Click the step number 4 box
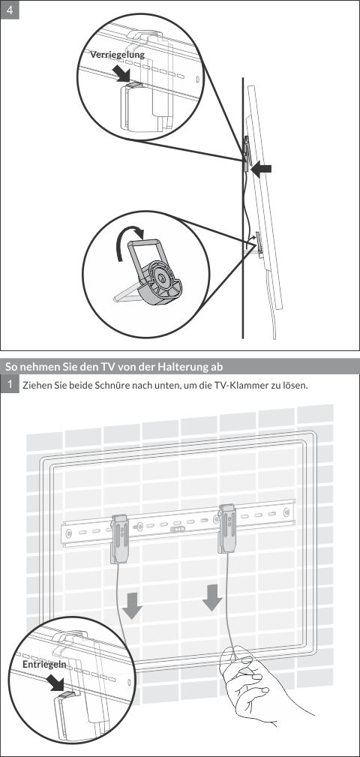pyautogui.click(x=10, y=11)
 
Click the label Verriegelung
pyautogui.click(x=117, y=55)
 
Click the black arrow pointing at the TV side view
pyautogui.click(x=261, y=171)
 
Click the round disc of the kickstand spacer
pyautogui.click(x=161, y=280)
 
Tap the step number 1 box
pyautogui.click(x=10, y=384)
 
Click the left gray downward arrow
pyautogui.click(x=133, y=605)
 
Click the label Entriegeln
pyautogui.click(x=44, y=665)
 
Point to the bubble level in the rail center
pyautogui.click(x=178, y=529)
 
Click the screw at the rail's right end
pyautogui.click(x=286, y=512)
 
